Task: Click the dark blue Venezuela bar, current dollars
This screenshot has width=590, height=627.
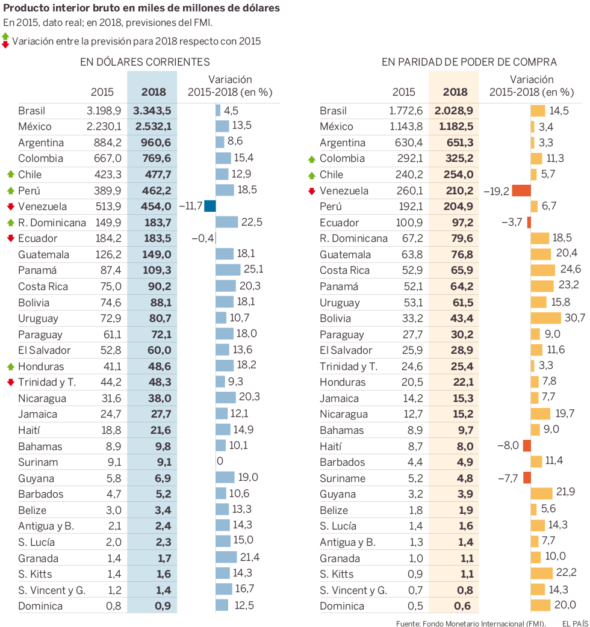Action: [x=210, y=206]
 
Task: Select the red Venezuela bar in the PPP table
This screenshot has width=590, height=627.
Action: [x=521, y=191]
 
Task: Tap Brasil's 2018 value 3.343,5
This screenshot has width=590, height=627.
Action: [x=152, y=111]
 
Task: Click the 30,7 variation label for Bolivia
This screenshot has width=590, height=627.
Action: [x=574, y=318]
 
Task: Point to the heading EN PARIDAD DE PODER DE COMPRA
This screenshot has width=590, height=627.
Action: [x=468, y=61]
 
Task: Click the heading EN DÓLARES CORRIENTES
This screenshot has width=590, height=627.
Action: [x=144, y=61]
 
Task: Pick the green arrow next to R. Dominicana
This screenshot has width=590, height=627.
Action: [x=10, y=223]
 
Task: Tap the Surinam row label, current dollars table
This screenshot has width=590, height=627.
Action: [x=38, y=462]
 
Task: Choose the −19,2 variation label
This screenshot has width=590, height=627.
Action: [x=496, y=191]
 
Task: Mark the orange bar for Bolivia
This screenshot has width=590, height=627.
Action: [x=550, y=318]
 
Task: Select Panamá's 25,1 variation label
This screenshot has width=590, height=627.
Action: [x=252, y=270]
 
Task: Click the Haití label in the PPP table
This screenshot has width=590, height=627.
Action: [x=331, y=446]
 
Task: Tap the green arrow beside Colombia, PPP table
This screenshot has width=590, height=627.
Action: [x=311, y=159]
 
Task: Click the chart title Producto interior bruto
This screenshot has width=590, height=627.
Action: [x=141, y=9]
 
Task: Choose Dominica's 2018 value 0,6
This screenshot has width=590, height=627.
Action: [x=462, y=606]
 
